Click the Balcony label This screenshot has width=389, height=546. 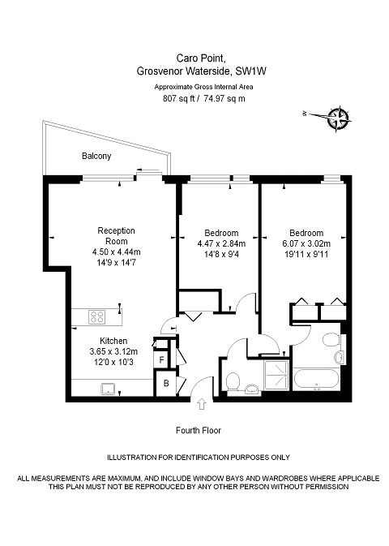pyautogui.click(x=96, y=156)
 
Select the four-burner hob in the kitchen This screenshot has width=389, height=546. pyautogui.click(x=97, y=317)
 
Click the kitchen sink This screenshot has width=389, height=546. pyautogui.click(x=109, y=389)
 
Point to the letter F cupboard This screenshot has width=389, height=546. pyautogui.click(x=161, y=360)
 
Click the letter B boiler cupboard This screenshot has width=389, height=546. pyautogui.click(x=166, y=384)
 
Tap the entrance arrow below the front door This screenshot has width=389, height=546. pyautogui.click(x=202, y=404)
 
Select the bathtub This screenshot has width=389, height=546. pyautogui.click(x=316, y=380)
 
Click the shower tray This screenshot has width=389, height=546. pyautogui.click(x=276, y=375)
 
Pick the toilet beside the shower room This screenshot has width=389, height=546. pyautogui.click(x=233, y=381)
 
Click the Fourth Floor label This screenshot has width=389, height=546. pyautogui.click(x=199, y=431)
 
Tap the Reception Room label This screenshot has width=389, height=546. pyautogui.click(x=116, y=236)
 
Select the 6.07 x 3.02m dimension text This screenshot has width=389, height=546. pyautogui.click(x=306, y=243)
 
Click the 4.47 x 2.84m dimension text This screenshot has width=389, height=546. pyautogui.click(x=221, y=243)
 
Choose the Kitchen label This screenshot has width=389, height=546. pyautogui.click(x=113, y=341)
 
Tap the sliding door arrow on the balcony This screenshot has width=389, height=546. pyautogui.click(x=151, y=171)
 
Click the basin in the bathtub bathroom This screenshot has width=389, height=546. pyautogui.click(x=340, y=357)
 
